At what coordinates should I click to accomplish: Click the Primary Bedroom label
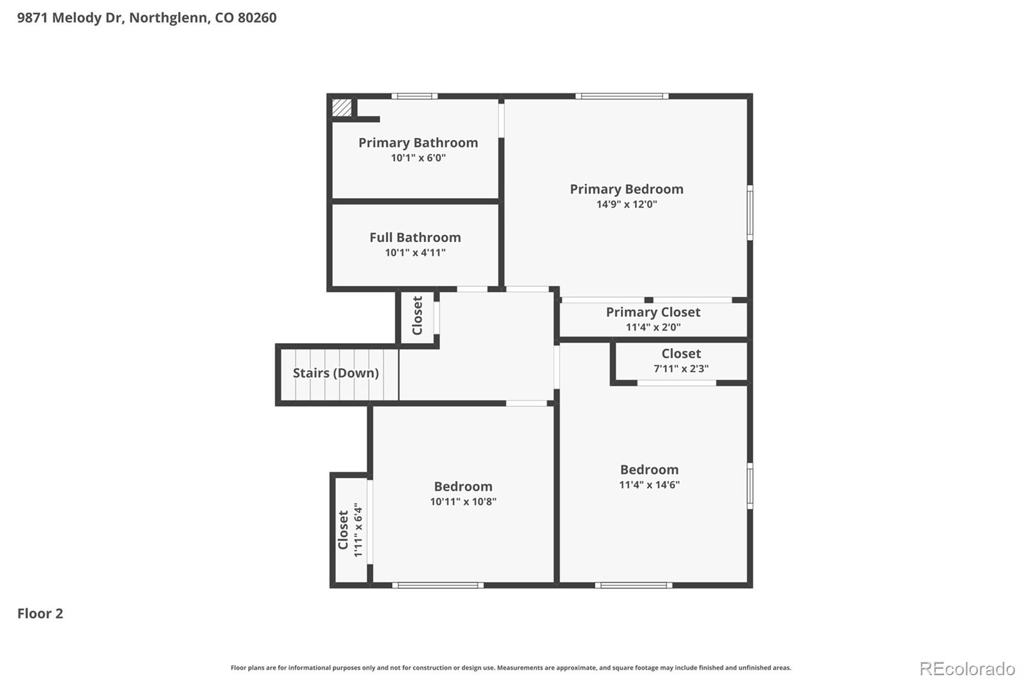(x=626, y=189)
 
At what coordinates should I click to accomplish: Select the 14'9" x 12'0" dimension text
(x=626, y=204)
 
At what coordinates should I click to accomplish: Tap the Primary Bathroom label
(x=418, y=142)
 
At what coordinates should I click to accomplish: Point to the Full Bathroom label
(x=415, y=237)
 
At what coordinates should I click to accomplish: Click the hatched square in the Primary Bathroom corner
(x=342, y=107)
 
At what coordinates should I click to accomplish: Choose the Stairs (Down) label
(x=335, y=373)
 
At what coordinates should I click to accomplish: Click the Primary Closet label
(x=653, y=312)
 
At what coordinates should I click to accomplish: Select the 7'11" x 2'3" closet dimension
(x=680, y=369)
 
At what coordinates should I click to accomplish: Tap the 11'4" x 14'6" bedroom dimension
(x=649, y=485)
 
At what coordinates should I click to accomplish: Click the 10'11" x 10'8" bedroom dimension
(x=462, y=501)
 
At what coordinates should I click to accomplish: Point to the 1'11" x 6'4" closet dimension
(x=358, y=530)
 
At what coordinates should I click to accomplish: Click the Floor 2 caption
(x=40, y=613)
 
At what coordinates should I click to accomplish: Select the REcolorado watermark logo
(x=966, y=669)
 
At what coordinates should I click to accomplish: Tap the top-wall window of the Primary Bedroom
(x=622, y=96)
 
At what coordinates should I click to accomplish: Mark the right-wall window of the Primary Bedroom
(x=750, y=212)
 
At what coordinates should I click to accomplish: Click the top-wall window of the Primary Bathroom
(x=414, y=96)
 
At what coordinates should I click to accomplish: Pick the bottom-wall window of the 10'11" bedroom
(x=438, y=585)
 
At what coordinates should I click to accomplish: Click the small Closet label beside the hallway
(x=417, y=316)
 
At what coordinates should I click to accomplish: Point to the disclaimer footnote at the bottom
(x=510, y=668)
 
